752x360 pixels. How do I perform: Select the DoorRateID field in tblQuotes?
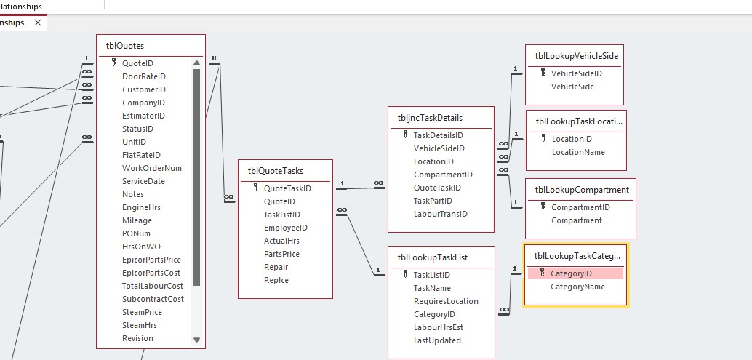(x=143, y=76)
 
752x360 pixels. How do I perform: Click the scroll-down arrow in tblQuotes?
(x=196, y=340)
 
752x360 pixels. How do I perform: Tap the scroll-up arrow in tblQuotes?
(x=196, y=63)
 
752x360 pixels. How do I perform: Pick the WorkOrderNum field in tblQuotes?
(x=152, y=168)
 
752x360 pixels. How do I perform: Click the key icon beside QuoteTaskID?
(x=255, y=188)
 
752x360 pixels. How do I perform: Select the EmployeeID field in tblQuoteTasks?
(x=285, y=228)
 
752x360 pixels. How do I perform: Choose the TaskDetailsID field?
(x=438, y=135)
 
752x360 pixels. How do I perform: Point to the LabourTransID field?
(x=440, y=214)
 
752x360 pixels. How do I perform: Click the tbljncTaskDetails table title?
(x=429, y=118)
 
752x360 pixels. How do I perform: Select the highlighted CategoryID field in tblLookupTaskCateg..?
(x=571, y=273)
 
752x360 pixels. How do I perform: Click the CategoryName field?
(x=577, y=287)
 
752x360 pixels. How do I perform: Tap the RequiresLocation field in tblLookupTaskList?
(x=446, y=301)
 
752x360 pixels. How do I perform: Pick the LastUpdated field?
(x=437, y=340)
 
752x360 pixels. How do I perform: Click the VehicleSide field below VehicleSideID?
(x=572, y=87)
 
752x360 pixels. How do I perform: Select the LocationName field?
(x=578, y=152)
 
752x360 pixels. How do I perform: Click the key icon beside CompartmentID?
(x=543, y=207)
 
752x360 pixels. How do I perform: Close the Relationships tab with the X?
(x=38, y=23)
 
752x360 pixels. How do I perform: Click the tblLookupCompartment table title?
(x=581, y=190)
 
